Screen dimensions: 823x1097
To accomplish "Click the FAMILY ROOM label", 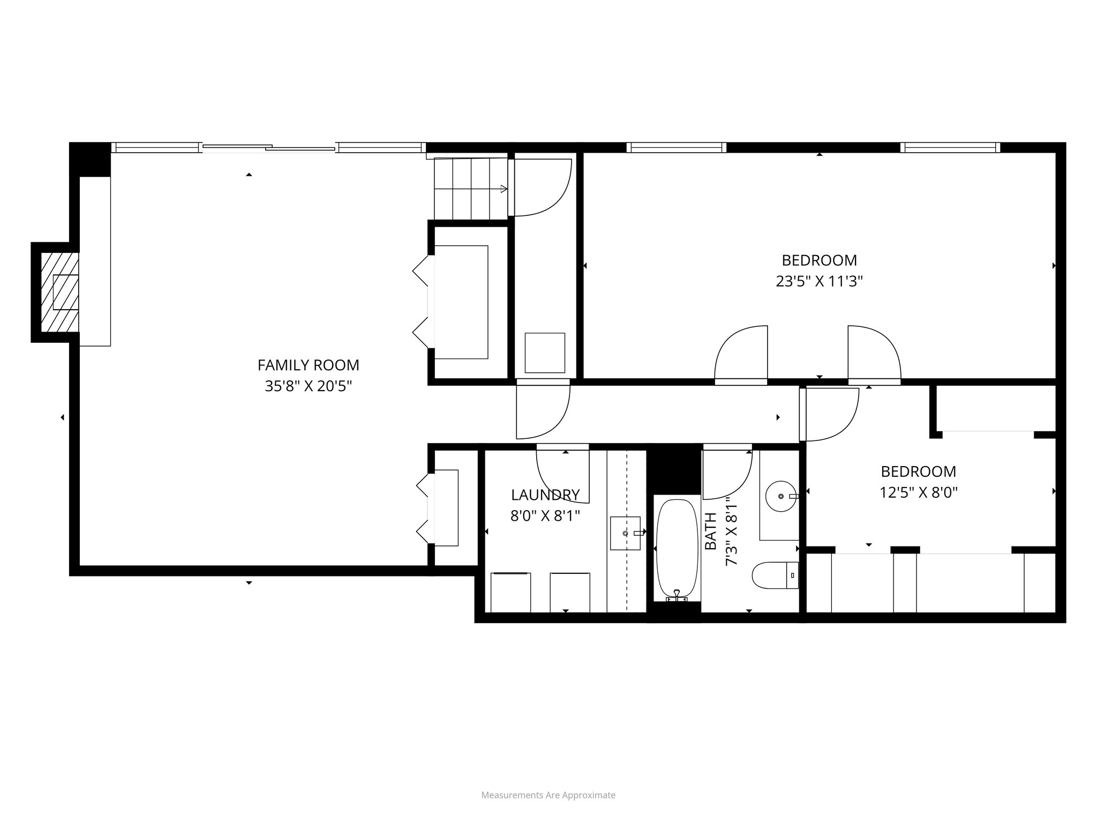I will pos(308,365).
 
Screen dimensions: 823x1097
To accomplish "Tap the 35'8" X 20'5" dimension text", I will pos(308,386).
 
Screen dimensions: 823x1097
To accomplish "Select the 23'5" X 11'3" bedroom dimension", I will pos(819,281).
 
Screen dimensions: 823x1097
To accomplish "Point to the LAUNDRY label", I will pos(545,495).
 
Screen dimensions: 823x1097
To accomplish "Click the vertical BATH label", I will pos(711,531).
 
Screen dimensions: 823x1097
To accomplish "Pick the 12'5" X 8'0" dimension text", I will pos(918,492).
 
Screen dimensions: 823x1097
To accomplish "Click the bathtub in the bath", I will pos(677,550).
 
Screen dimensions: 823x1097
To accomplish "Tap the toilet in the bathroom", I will pos(774,575).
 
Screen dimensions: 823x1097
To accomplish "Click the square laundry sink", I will pos(625,533).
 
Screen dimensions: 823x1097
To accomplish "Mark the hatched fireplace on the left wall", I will pos(60,292).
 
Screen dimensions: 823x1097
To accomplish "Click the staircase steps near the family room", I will pos(470,189).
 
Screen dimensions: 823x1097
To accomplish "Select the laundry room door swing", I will pos(562,474).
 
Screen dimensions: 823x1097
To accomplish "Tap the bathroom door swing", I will pos(727,473).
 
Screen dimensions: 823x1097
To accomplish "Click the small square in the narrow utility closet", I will pos(545,353).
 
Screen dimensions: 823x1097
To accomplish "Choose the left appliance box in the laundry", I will pos(511,592).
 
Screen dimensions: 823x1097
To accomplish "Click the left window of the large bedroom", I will pos(676,147).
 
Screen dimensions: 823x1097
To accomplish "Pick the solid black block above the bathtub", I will pos(674,469).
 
